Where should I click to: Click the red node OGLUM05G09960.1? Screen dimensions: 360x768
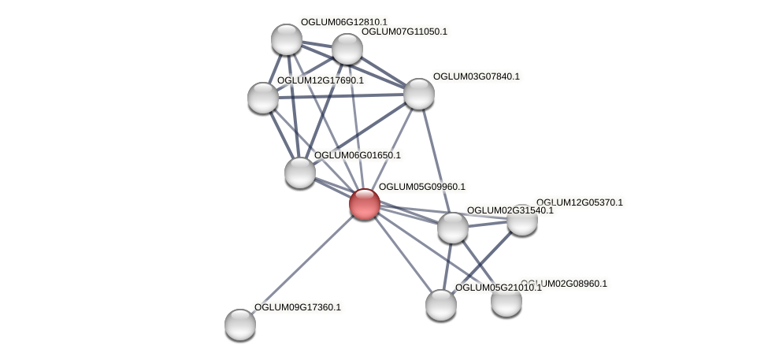pyautogui.click(x=364, y=203)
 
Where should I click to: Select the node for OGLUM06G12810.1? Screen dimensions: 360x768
pyautogui.click(x=286, y=39)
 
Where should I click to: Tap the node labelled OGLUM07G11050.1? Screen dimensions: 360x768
pyautogui.click(x=347, y=49)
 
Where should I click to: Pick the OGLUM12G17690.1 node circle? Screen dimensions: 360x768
pyautogui.click(x=263, y=98)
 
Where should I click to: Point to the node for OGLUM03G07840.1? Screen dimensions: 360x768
pyautogui.click(x=418, y=94)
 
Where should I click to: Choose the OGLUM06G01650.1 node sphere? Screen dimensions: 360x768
pyautogui.click(x=299, y=173)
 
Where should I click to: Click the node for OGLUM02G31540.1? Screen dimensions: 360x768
pyautogui.click(x=452, y=228)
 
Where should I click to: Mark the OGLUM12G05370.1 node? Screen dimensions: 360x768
pyautogui.click(x=521, y=220)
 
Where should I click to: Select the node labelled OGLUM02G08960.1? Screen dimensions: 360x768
pyautogui.click(x=506, y=301)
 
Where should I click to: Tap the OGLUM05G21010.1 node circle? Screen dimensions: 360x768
pyautogui.click(x=440, y=305)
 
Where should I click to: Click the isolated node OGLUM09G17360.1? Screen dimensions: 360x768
pyautogui.click(x=240, y=324)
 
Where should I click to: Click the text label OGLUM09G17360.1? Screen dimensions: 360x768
pyautogui.click(x=297, y=307)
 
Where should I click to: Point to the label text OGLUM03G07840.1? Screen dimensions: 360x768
pyautogui.click(x=476, y=76)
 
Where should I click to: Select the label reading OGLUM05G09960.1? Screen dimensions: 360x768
pyautogui.click(x=421, y=187)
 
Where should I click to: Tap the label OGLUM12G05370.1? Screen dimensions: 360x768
pyautogui.click(x=579, y=202)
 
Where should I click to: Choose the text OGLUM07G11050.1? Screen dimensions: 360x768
pyautogui.click(x=403, y=32)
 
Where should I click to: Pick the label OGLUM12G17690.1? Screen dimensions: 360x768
pyautogui.click(x=320, y=80)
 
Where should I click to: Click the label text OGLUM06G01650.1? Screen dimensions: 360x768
pyautogui.click(x=357, y=155)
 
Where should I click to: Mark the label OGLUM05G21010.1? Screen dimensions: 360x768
pyautogui.click(x=498, y=288)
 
